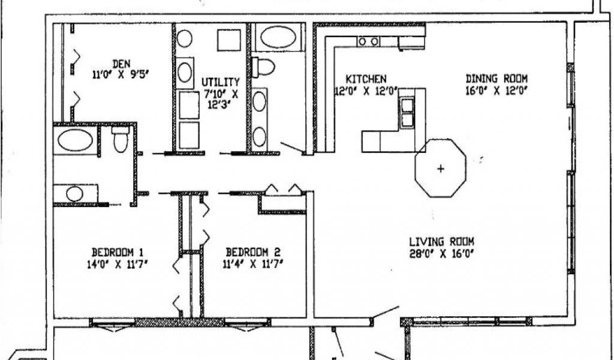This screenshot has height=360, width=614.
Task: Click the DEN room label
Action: coord(121,64)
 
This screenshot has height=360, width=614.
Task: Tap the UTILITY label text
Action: coord(220,82)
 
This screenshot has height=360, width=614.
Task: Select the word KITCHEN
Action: coord(366,79)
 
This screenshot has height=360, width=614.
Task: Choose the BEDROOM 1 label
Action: coord(117,252)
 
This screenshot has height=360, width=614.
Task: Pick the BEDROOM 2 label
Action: coord(252,252)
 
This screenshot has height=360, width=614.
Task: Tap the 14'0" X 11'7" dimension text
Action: coord(117,263)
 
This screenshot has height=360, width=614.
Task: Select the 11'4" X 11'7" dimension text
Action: coord(252,263)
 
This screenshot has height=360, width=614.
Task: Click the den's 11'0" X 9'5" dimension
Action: coord(120,74)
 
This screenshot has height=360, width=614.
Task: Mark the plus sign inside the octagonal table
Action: coord(441,169)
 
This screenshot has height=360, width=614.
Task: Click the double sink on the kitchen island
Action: coord(407,113)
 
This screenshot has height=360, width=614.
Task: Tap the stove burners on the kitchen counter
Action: coord(369,41)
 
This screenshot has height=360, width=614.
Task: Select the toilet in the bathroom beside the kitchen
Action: coord(263,67)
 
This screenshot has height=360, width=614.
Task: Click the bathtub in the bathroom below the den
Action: coord(75,140)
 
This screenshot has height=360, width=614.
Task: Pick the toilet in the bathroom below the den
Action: coord(121,140)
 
